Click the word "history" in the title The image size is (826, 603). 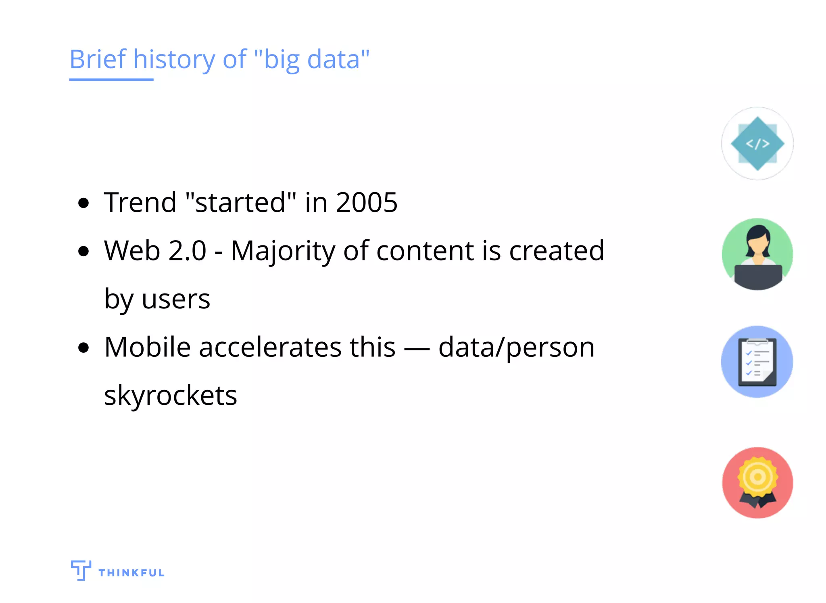(174, 60)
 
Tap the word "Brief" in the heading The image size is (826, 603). (98, 59)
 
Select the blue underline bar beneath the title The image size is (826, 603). (111, 80)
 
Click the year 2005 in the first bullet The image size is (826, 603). (367, 202)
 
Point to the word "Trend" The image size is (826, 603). (140, 202)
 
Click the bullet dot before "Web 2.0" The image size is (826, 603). (83, 251)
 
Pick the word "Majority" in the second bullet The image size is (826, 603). (283, 251)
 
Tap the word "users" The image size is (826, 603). (176, 299)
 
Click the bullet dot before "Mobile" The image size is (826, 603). (83, 348)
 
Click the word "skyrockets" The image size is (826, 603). (171, 396)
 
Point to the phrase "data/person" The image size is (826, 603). (516, 348)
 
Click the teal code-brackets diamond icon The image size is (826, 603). (757, 144)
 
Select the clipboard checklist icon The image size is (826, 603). (757, 362)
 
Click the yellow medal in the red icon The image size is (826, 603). (757, 477)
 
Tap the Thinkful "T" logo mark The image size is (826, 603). (81, 570)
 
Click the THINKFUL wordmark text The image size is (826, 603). (131, 573)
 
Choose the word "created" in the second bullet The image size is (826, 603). (557, 251)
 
